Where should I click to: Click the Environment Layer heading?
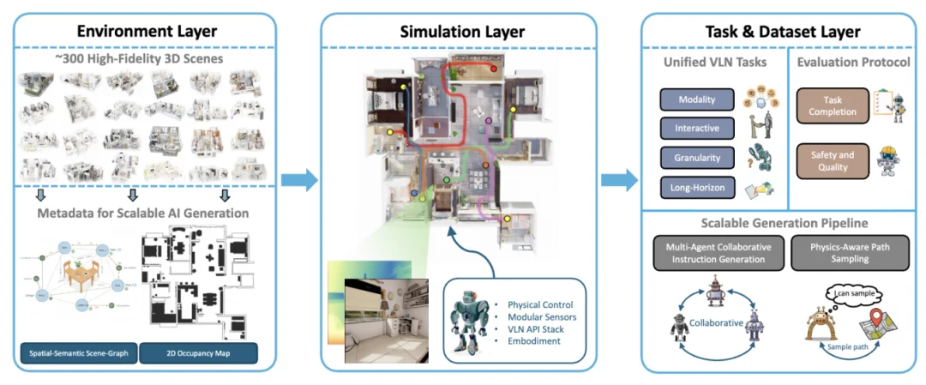147,32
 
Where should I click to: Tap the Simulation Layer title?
462,32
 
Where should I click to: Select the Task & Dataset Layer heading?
782,32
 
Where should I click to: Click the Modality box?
697,99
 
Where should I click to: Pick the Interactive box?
697,129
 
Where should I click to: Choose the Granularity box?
697,158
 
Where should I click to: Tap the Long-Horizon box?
697,186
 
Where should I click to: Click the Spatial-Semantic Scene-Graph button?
77,352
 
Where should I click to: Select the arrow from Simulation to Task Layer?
619,180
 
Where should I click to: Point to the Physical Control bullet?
539,304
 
